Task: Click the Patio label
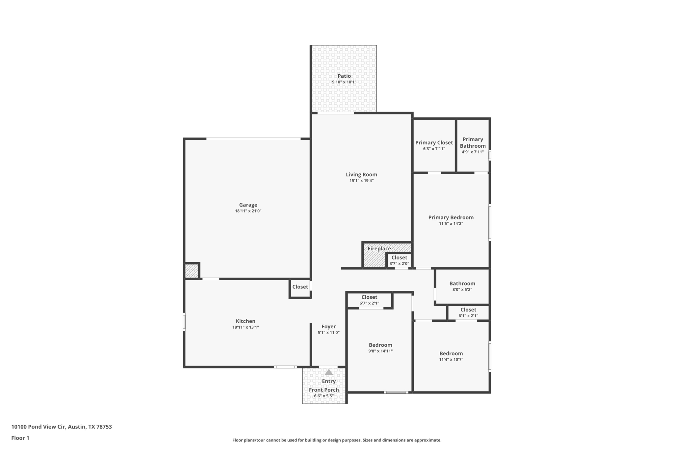pos(344,76)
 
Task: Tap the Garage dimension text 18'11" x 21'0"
pos(248,211)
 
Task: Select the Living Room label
pos(361,175)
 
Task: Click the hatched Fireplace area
pos(374,258)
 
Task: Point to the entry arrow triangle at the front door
pos(328,372)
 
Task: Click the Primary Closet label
pos(434,143)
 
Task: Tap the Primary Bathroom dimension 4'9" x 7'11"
pos(473,152)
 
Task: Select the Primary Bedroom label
pos(451,217)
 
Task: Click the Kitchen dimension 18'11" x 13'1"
pos(246,327)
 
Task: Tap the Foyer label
pos(328,327)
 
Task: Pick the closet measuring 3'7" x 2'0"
pos(399,260)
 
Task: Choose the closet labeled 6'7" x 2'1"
pos(369,300)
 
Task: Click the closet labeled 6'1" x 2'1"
pos(468,312)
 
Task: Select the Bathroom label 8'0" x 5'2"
pos(462,284)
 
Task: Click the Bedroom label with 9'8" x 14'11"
pos(380,345)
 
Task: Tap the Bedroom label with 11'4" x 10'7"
pos(451,354)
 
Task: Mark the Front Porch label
pos(324,390)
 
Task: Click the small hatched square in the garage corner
pos(191,271)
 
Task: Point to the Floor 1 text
pos(20,438)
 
